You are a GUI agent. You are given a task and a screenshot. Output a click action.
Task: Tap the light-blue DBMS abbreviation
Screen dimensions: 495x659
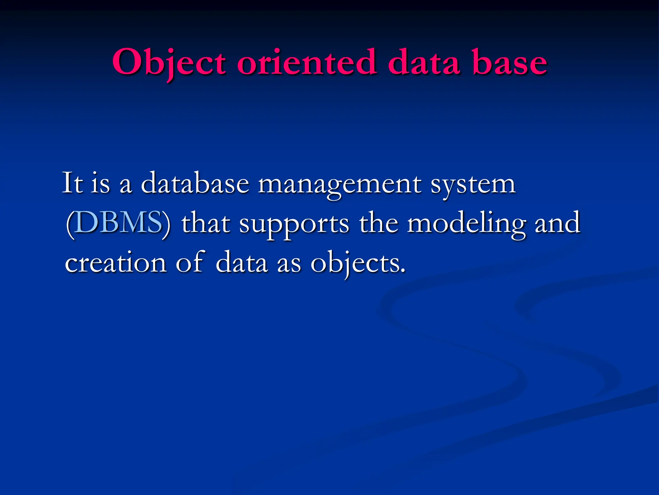[119, 222]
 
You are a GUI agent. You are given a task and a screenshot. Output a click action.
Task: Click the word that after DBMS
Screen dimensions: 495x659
[206, 222]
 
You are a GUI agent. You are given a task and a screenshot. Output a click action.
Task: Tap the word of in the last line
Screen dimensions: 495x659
[190, 262]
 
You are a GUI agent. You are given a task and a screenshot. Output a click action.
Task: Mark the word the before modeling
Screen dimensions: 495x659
[378, 222]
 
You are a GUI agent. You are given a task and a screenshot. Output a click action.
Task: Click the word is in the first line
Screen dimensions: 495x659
[100, 184]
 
